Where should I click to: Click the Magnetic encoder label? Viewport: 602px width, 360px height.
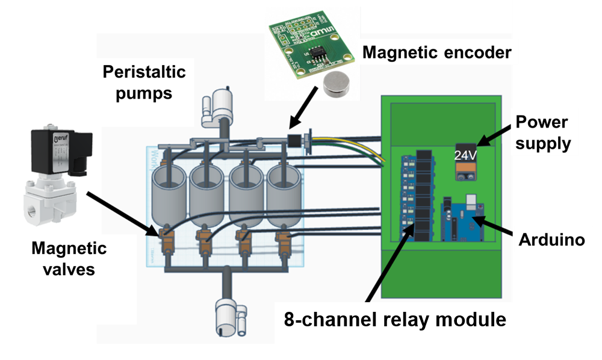point(437,53)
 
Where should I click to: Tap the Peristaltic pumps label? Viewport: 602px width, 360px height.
point(144,82)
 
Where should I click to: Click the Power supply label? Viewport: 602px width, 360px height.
point(542,132)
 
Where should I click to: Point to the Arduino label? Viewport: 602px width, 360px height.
point(551,240)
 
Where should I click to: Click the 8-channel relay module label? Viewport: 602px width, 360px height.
point(395,320)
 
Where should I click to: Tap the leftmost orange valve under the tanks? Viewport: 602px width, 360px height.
point(166,237)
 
